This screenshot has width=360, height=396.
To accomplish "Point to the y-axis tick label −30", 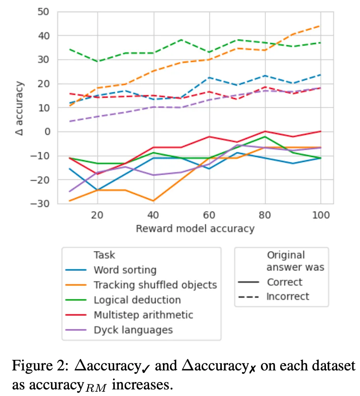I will click(42, 204).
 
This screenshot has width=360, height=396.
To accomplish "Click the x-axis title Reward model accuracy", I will click(195, 229).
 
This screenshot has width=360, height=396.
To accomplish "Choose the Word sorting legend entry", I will click(125, 270).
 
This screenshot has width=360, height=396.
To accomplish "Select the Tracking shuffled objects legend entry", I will click(155, 285).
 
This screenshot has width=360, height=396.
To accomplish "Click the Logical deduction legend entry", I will click(137, 300).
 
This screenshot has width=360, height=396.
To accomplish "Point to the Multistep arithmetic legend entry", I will click(143, 315).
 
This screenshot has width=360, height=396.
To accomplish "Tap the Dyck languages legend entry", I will click(133, 330).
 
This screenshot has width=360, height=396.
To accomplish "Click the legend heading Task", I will click(104, 255).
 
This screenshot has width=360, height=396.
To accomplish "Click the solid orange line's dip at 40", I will click(153, 201).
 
